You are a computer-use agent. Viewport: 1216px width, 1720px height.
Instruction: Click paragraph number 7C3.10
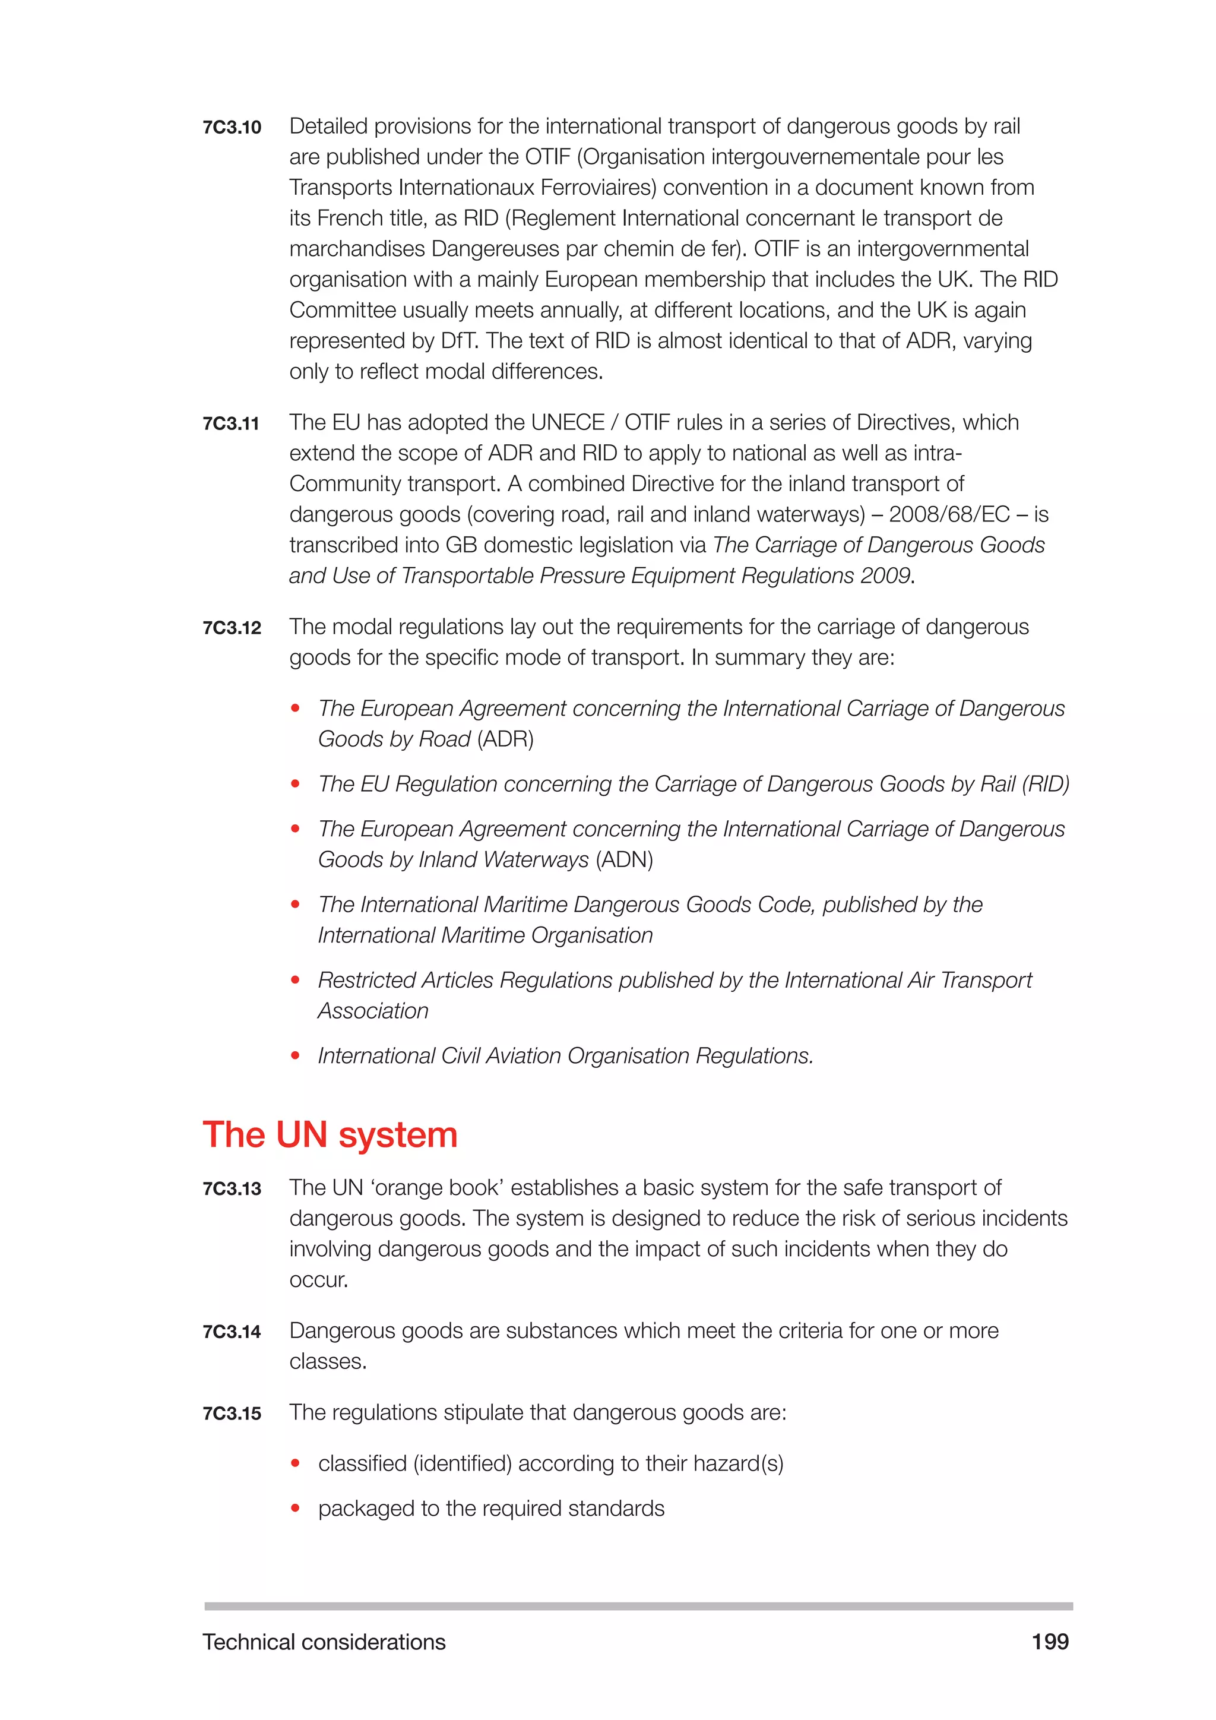pos(232,127)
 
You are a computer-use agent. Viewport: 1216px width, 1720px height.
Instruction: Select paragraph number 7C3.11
pos(232,424)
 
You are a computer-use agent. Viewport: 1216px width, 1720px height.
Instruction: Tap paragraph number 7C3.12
pos(232,628)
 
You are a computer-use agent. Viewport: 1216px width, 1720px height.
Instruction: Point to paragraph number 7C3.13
pos(232,1189)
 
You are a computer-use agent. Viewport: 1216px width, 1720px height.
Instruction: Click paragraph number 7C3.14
pos(232,1332)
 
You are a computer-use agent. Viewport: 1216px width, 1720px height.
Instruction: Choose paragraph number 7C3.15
pos(232,1414)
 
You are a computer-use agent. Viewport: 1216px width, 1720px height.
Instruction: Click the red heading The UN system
pos(330,1134)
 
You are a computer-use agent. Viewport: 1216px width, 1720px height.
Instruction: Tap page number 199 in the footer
pos(1050,1642)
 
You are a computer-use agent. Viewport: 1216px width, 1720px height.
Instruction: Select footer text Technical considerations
pos(324,1642)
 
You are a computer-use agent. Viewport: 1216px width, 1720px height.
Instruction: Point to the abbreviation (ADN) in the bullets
pos(625,859)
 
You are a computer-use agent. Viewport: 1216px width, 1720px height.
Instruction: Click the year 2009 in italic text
pos(885,576)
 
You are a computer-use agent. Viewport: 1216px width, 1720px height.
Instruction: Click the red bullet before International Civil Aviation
pos(296,1055)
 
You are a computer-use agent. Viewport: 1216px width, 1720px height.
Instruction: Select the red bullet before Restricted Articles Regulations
pos(296,980)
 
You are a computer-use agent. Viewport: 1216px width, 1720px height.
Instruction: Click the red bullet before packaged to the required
pos(296,1508)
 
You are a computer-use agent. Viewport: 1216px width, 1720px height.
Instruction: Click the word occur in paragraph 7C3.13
pos(318,1280)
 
